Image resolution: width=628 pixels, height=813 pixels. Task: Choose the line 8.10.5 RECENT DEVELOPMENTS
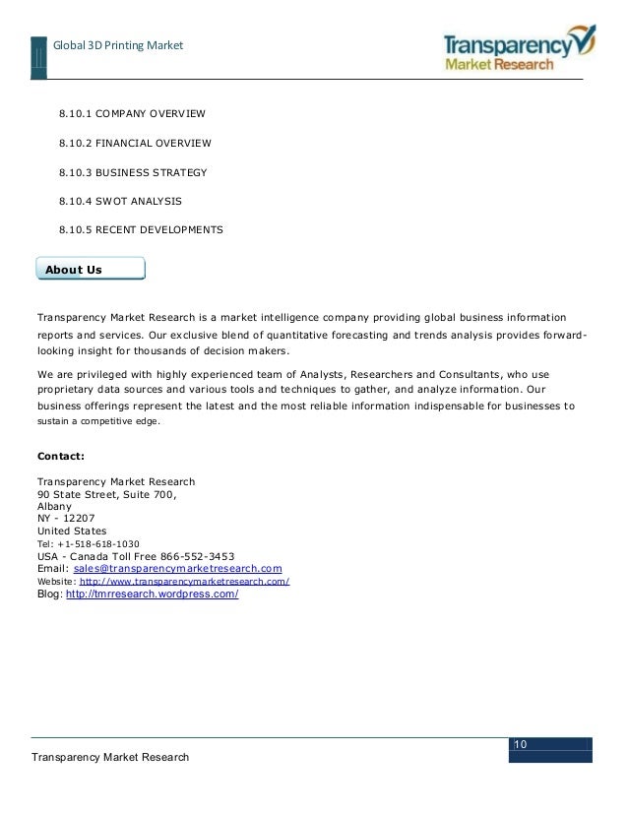[141, 230]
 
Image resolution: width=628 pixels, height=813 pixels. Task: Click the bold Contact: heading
[61, 457]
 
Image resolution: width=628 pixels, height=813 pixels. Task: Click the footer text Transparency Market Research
[109, 756]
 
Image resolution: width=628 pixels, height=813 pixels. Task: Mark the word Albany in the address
[54, 506]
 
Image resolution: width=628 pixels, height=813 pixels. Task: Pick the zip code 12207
[78, 519]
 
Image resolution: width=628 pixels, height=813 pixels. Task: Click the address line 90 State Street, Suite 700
[107, 494]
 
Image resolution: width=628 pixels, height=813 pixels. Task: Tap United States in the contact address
[72, 532]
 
